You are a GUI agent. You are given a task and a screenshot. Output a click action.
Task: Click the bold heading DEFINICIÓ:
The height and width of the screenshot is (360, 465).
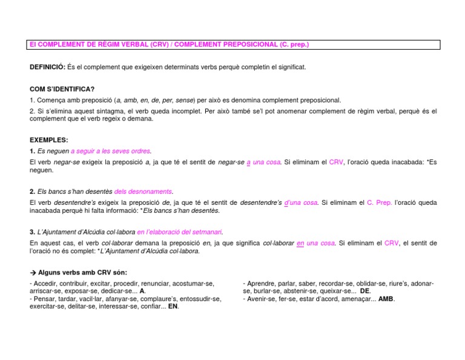tap(47, 67)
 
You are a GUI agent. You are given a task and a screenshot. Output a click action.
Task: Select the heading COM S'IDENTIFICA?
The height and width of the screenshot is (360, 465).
tap(62, 89)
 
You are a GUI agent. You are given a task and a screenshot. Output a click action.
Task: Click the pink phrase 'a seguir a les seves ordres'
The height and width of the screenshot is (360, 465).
tap(111, 151)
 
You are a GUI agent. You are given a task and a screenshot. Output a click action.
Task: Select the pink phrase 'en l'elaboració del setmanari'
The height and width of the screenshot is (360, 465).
tap(180, 232)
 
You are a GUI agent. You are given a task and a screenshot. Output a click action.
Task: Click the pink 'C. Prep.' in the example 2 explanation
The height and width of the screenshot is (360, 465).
tap(380, 202)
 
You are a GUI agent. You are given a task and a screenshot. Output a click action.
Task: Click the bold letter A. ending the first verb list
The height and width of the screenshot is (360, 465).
tap(142, 291)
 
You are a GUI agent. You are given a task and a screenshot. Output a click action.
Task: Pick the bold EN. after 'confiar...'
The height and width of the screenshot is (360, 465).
tap(173, 307)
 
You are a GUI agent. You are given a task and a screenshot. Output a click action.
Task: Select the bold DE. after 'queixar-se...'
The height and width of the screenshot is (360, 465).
tap(365, 291)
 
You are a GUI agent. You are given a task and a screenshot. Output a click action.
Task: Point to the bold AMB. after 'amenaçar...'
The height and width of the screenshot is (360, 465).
tap(386, 299)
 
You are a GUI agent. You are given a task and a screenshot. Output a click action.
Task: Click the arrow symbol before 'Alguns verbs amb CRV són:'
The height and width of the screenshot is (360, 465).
tap(33, 272)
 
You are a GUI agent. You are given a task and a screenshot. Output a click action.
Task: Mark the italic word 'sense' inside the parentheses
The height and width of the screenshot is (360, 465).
tap(185, 100)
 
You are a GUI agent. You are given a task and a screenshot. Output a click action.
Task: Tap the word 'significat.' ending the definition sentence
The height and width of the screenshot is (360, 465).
tap(290, 67)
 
